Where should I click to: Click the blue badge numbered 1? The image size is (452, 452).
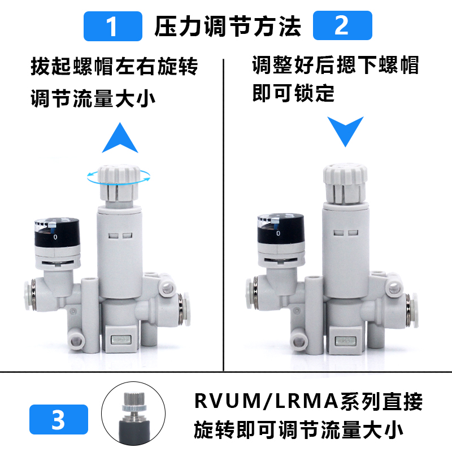click(112, 27)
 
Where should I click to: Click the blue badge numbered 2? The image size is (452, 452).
click(341, 27)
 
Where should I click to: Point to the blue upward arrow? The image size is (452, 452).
click(120, 138)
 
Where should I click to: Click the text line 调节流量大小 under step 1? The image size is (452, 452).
click(93, 99)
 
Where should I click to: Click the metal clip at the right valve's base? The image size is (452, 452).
click(345, 341)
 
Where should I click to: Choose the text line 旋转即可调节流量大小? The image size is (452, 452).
click(298, 431)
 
